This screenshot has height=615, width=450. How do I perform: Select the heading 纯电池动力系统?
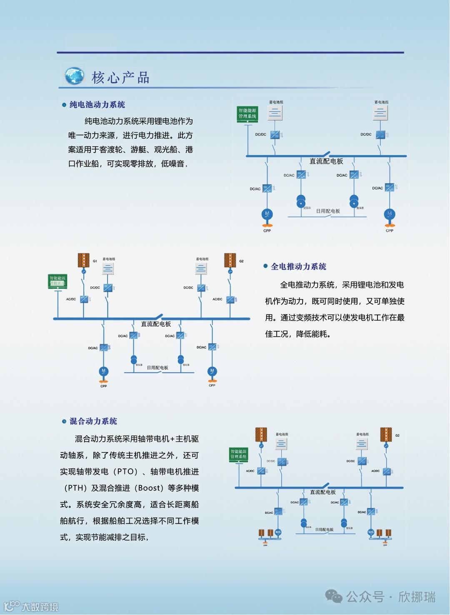pyautogui.click(x=97, y=105)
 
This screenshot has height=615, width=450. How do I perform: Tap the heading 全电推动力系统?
pyautogui.click(x=298, y=267)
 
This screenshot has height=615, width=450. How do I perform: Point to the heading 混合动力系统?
pyautogui.click(x=93, y=421)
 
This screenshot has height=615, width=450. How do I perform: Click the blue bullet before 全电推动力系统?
pyautogui.click(x=265, y=266)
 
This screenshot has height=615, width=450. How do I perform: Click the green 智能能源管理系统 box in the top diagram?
pyautogui.click(x=247, y=114)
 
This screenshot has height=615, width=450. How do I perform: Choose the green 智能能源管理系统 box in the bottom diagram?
pyautogui.click(x=239, y=454)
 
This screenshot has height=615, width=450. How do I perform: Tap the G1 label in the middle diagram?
pyautogui.click(x=95, y=261)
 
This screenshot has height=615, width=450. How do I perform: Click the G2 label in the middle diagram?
pyautogui.click(x=241, y=261)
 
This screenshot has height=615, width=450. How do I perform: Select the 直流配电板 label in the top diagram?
pyautogui.click(x=326, y=161)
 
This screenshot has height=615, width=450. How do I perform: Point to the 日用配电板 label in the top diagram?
pyautogui.click(x=328, y=211)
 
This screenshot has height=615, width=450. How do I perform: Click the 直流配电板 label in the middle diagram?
pyautogui.click(x=156, y=324)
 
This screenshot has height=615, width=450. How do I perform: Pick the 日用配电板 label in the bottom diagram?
pyautogui.click(x=324, y=530)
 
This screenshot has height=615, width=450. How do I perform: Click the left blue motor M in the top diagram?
pyautogui.click(x=267, y=214)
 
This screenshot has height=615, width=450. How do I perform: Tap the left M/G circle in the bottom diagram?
pyautogui.click(x=278, y=532)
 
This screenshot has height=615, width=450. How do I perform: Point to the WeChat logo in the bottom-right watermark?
pyautogui.click(x=334, y=596)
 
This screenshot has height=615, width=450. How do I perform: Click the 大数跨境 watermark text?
pyautogui.click(x=40, y=607)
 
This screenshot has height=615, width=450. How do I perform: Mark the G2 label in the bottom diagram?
pyautogui.click(x=397, y=435)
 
